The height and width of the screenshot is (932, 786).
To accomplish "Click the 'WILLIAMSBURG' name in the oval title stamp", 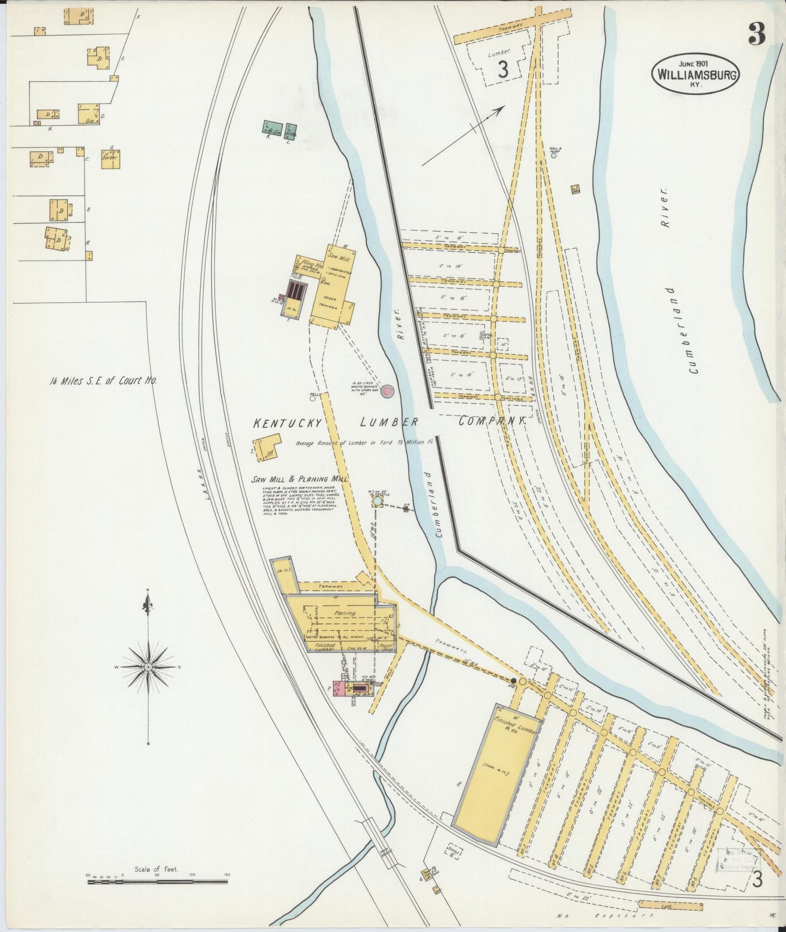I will pyautogui.click(x=696, y=74).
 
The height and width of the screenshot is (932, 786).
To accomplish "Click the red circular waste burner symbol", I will pyautogui.click(x=387, y=391).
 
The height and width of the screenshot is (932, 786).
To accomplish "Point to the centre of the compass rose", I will pyautogui.click(x=148, y=666).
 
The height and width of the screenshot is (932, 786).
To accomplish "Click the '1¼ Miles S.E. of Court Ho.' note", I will pyautogui.click(x=102, y=381).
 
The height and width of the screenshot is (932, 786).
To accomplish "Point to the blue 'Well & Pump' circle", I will pyautogui.click(x=553, y=155).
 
